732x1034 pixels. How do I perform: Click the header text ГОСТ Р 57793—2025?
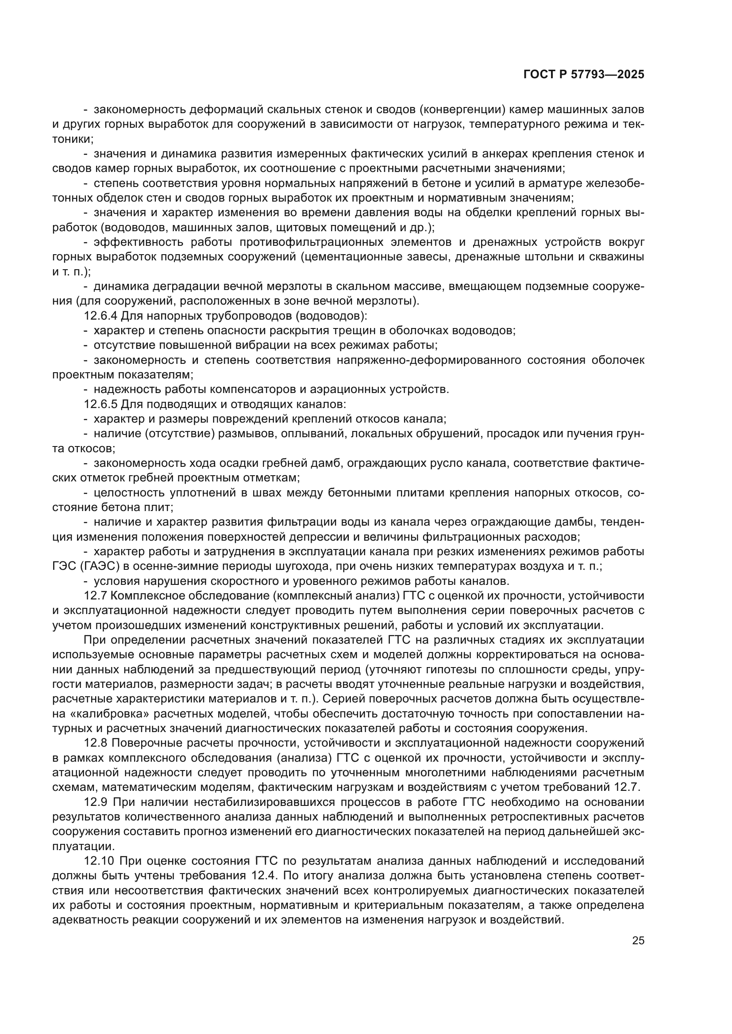(x=584, y=75)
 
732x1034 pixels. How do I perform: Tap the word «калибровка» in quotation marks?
(x=104, y=714)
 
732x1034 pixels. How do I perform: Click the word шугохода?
(x=328, y=567)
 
